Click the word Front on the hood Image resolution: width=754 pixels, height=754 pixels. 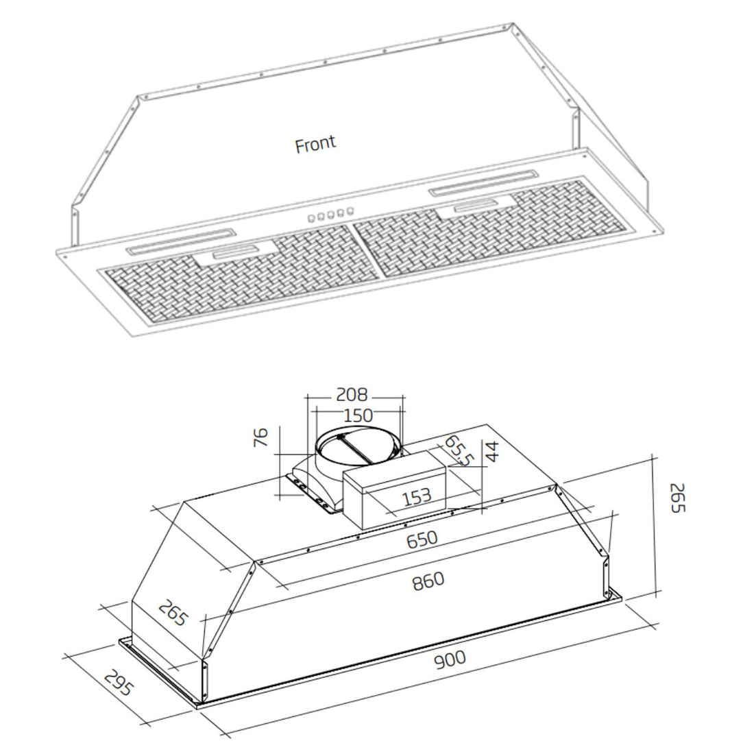point(315,144)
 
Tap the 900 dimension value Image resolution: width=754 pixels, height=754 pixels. point(450,659)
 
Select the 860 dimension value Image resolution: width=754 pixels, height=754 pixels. point(428,581)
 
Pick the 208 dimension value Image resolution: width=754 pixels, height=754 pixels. point(352,395)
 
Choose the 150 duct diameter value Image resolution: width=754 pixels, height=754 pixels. point(357,415)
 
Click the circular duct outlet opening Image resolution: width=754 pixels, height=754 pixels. point(357,449)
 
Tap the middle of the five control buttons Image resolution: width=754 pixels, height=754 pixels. point(330,216)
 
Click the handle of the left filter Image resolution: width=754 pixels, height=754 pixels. point(236,252)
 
